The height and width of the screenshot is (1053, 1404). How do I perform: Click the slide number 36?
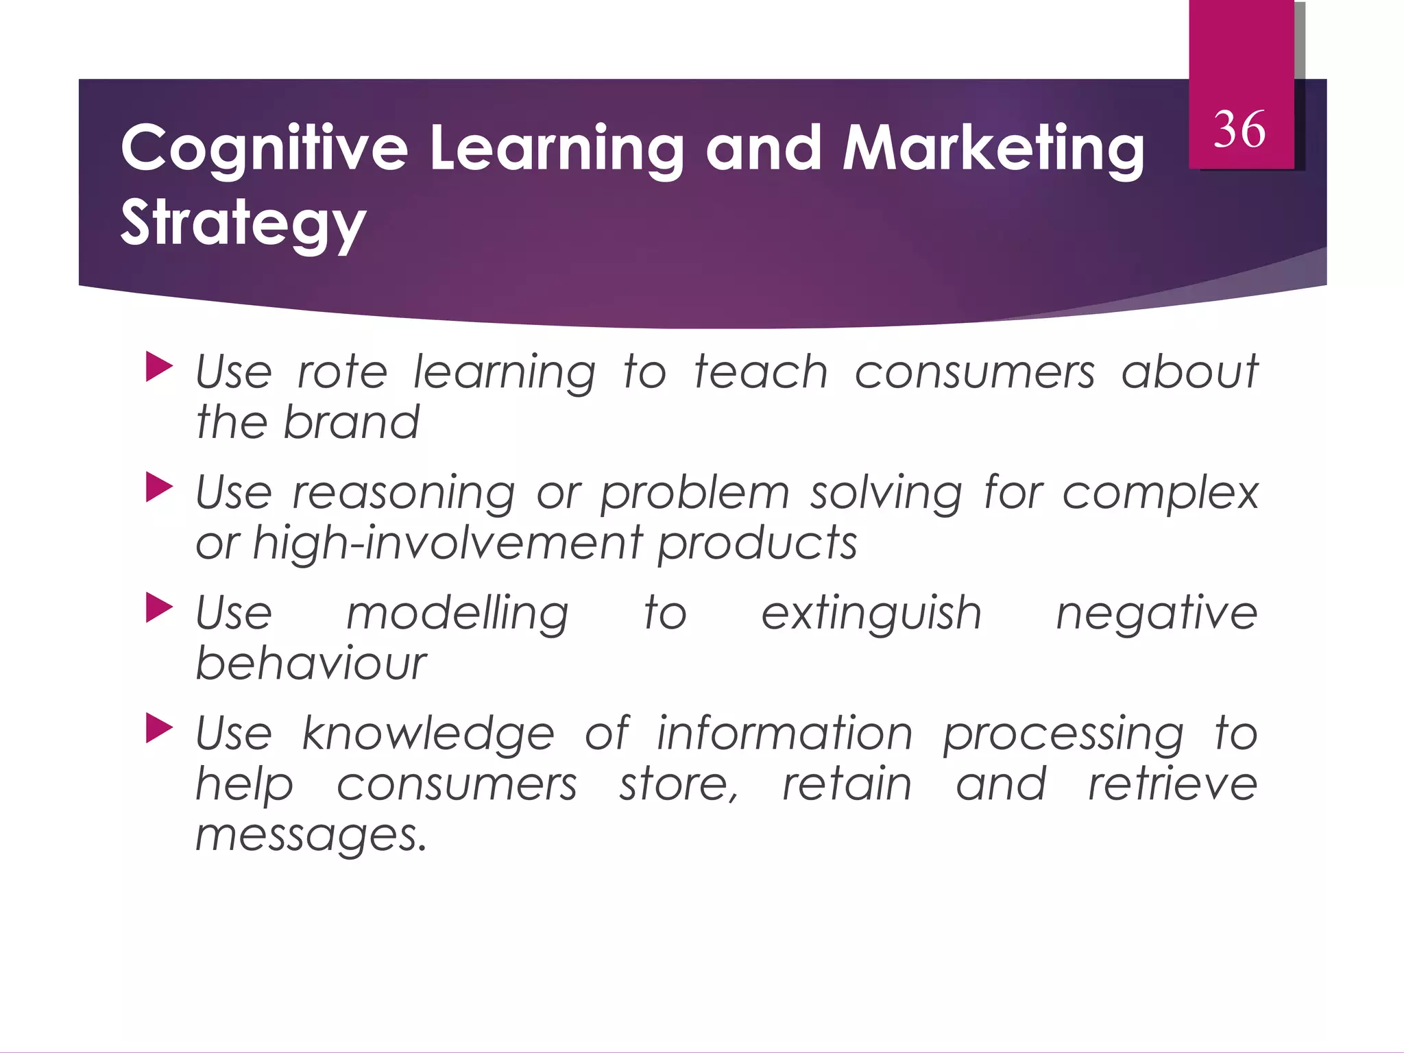(1239, 130)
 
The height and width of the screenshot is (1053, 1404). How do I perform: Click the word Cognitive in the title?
(264, 149)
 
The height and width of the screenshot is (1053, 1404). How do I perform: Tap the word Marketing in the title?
(993, 149)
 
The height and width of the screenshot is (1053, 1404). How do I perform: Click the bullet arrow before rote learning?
(159, 367)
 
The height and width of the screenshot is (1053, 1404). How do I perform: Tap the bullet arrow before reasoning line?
(159, 488)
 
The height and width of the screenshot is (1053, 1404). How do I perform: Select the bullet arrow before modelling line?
(159, 608)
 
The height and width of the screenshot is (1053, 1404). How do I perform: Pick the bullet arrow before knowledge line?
(159, 729)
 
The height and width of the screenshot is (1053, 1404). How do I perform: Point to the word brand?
(351, 422)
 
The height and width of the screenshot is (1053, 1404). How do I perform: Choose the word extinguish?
(871, 614)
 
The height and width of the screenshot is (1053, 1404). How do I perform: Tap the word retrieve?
(1173, 784)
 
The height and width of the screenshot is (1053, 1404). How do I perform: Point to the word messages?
(311, 836)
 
